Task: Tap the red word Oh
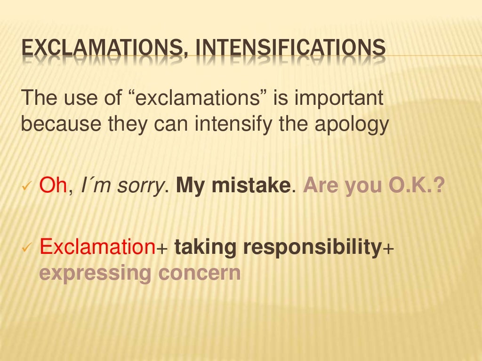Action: [x=53, y=186]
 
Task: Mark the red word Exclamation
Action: [x=97, y=247]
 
